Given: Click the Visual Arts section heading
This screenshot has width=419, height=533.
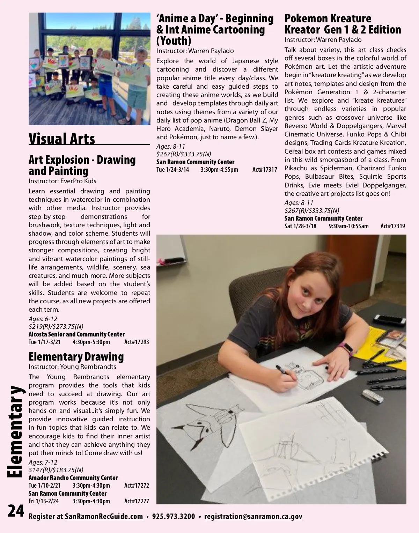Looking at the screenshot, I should pos(62,139).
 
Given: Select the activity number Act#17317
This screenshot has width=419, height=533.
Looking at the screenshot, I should pos(265,170).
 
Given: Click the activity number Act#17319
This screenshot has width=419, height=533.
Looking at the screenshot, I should pos(393,226).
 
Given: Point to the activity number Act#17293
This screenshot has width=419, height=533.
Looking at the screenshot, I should pos(137,342).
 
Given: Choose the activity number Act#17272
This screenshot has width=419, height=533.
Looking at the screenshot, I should pos(137,486).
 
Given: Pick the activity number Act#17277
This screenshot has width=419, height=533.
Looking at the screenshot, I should pos(137,501).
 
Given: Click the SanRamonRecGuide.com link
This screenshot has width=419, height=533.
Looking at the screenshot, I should pos(104,517).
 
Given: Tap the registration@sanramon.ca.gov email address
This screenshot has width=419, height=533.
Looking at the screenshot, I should pos(253,517).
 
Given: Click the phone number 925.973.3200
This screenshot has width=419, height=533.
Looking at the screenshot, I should pos(174,517).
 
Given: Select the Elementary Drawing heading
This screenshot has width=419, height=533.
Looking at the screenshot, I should pos(76,357).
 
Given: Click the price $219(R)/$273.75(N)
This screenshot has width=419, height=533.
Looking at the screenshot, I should pos(56,327).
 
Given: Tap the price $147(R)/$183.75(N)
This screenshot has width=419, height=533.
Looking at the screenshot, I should pos(56,470).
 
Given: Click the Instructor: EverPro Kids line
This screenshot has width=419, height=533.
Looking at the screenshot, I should pos(63,181).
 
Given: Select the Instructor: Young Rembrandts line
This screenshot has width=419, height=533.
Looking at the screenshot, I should pos(72,367).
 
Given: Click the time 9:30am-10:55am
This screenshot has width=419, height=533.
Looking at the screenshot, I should pos(348,226).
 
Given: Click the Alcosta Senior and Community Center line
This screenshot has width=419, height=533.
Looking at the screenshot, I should pos(76,334).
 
